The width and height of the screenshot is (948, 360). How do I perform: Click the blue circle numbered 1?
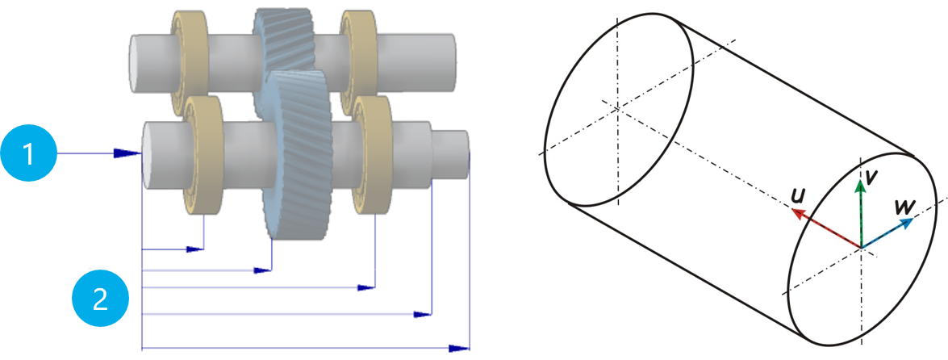pyautogui.click(x=29, y=153)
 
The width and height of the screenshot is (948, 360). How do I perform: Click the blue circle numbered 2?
pyautogui.click(x=100, y=299)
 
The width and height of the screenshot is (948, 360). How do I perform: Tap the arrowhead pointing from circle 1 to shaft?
pyautogui.click(x=126, y=153)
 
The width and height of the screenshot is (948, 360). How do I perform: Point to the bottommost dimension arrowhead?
pyautogui.click(x=459, y=348)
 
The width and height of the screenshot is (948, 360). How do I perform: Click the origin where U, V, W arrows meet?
pyautogui.click(x=861, y=248)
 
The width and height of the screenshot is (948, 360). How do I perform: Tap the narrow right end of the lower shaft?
pyautogui.click(x=451, y=150)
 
